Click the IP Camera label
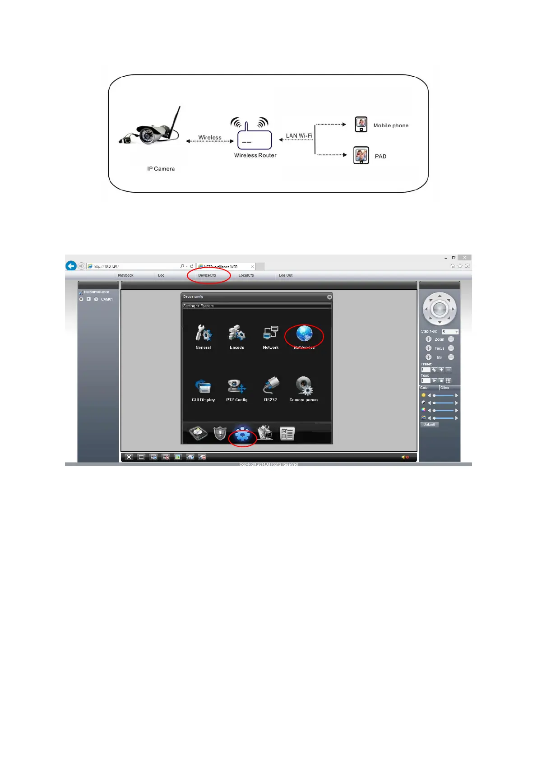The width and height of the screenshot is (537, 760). (161, 169)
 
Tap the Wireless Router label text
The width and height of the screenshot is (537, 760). (255, 155)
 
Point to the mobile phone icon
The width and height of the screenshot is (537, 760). (361, 124)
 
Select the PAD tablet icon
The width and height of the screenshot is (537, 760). (361, 155)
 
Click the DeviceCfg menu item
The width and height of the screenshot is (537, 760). (207, 275)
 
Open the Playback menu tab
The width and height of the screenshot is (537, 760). (125, 275)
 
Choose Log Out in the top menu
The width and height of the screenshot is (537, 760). (285, 275)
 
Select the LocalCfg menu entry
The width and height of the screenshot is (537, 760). (246, 275)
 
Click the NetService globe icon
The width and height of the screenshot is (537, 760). (304, 334)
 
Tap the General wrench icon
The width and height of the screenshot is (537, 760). (203, 334)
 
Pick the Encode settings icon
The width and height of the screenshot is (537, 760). (237, 334)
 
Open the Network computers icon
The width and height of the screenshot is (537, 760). (271, 334)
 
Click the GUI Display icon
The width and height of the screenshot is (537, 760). (203, 387)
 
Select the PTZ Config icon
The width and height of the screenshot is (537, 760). (237, 387)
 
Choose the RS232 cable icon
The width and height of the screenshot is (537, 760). (271, 386)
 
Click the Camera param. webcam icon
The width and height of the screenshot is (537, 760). (304, 386)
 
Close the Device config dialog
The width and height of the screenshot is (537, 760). (329, 297)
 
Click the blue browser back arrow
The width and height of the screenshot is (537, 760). (71, 266)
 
